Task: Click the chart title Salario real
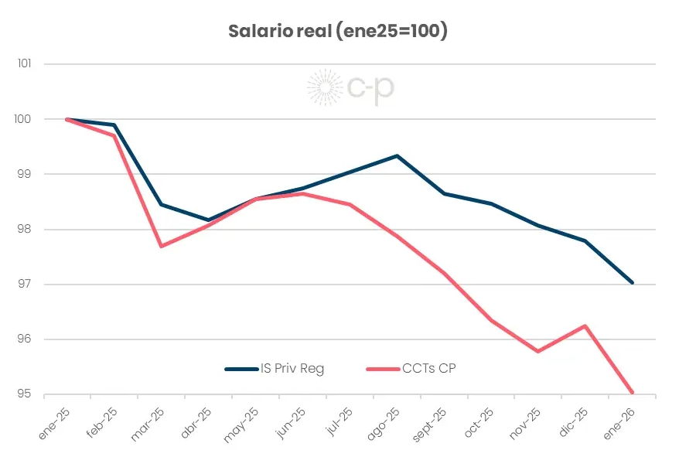tap(338, 32)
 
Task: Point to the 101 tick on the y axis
tap(24, 63)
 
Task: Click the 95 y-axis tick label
tap(25, 394)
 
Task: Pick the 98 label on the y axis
tap(25, 230)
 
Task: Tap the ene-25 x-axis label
tap(53, 422)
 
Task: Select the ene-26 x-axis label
tap(619, 422)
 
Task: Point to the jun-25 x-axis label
tap(289, 422)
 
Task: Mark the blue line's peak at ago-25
tap(397, 155)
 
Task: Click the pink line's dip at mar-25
tap(161, 246)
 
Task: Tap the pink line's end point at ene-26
tap(633, 392)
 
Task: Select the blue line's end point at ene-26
tap(633, 283)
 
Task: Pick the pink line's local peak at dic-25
tap(585, 326)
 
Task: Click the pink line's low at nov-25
tap(538, 352)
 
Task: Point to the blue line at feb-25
tap(114, 125)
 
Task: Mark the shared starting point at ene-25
tap(68, 119)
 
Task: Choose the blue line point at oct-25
tap(491, 203)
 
